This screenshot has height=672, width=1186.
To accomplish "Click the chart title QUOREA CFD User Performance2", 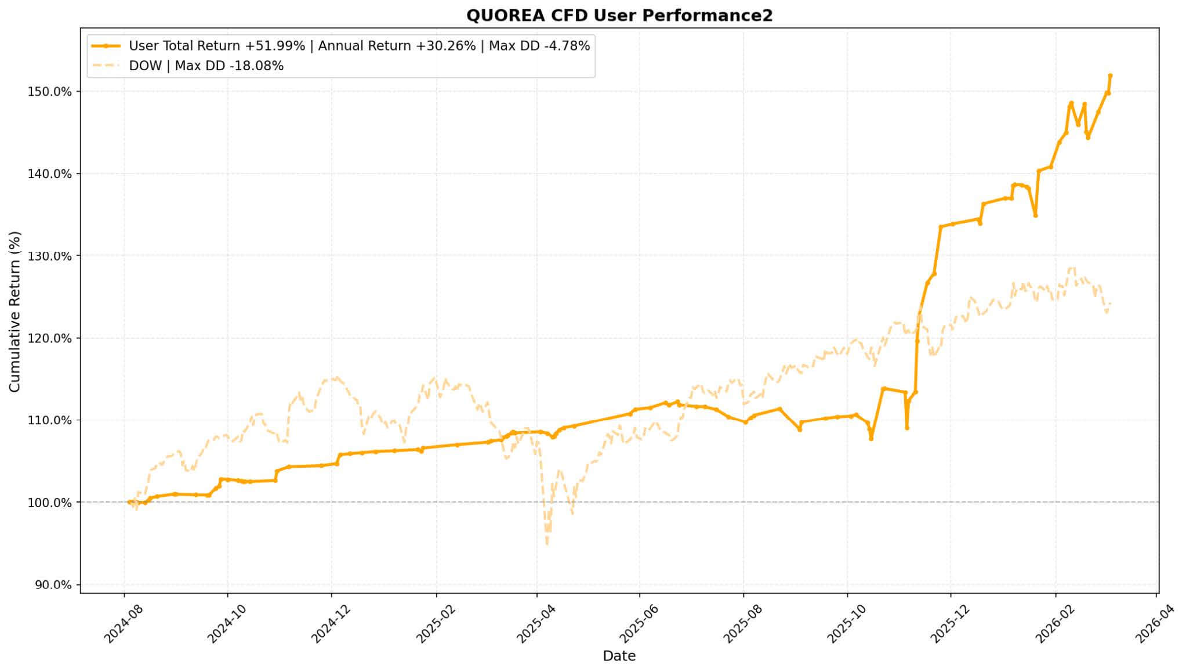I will coord(619,16).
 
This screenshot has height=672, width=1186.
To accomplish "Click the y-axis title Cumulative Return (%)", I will coord(14,312).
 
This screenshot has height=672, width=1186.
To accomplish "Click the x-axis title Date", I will coord(619,656).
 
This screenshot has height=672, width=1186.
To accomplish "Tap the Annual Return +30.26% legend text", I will coord(397,46).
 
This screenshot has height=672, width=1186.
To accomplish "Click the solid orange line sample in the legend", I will coord(106,46).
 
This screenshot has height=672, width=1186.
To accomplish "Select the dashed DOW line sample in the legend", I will coord(106,66).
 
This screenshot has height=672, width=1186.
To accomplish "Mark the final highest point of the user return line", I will coord(1110,75).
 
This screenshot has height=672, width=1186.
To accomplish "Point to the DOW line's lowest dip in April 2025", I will coord(547,544).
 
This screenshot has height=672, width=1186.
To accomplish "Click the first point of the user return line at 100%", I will coord(129,502).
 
